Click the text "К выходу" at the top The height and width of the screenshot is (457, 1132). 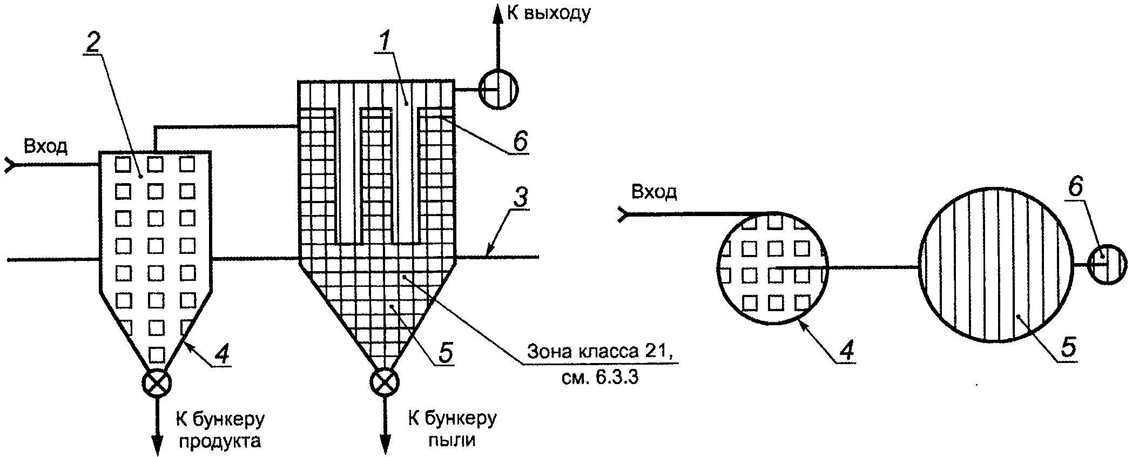pos(549,12)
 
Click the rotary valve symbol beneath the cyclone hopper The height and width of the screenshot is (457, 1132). pos(157,384)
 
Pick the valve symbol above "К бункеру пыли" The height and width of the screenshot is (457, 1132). pos(385,383)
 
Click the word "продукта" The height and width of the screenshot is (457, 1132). pos(220,442)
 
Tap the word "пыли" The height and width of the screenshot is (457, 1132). pos(452,441)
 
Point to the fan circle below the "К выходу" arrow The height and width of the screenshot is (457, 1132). pos(498,90)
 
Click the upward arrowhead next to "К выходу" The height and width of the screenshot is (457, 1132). pos(498,14)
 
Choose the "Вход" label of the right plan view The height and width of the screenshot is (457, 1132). pos(654,192)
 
